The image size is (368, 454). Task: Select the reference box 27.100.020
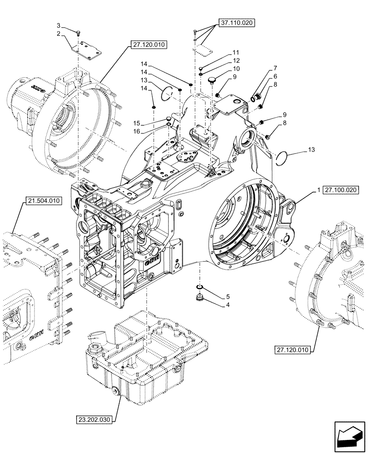pyautogui.click(x=341, y=191)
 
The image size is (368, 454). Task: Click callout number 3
pyautogui.click(x=58, y=25)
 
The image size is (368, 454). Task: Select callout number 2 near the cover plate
pyautogui.click(x=58, y=34)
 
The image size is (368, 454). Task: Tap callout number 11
pyautogui.click(x=236, y=53)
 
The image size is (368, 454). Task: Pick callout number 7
pyautogui.click(x=275, y=69)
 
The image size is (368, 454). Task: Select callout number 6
pyautogui.click(x=275, y=77)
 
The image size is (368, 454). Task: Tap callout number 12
pyautogui.click(x=236, y=61)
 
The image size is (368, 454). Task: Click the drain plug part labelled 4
pyautogui.click(x=199, y=298)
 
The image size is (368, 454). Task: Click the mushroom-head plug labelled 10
pyautogui.click(x=211, y=81)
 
